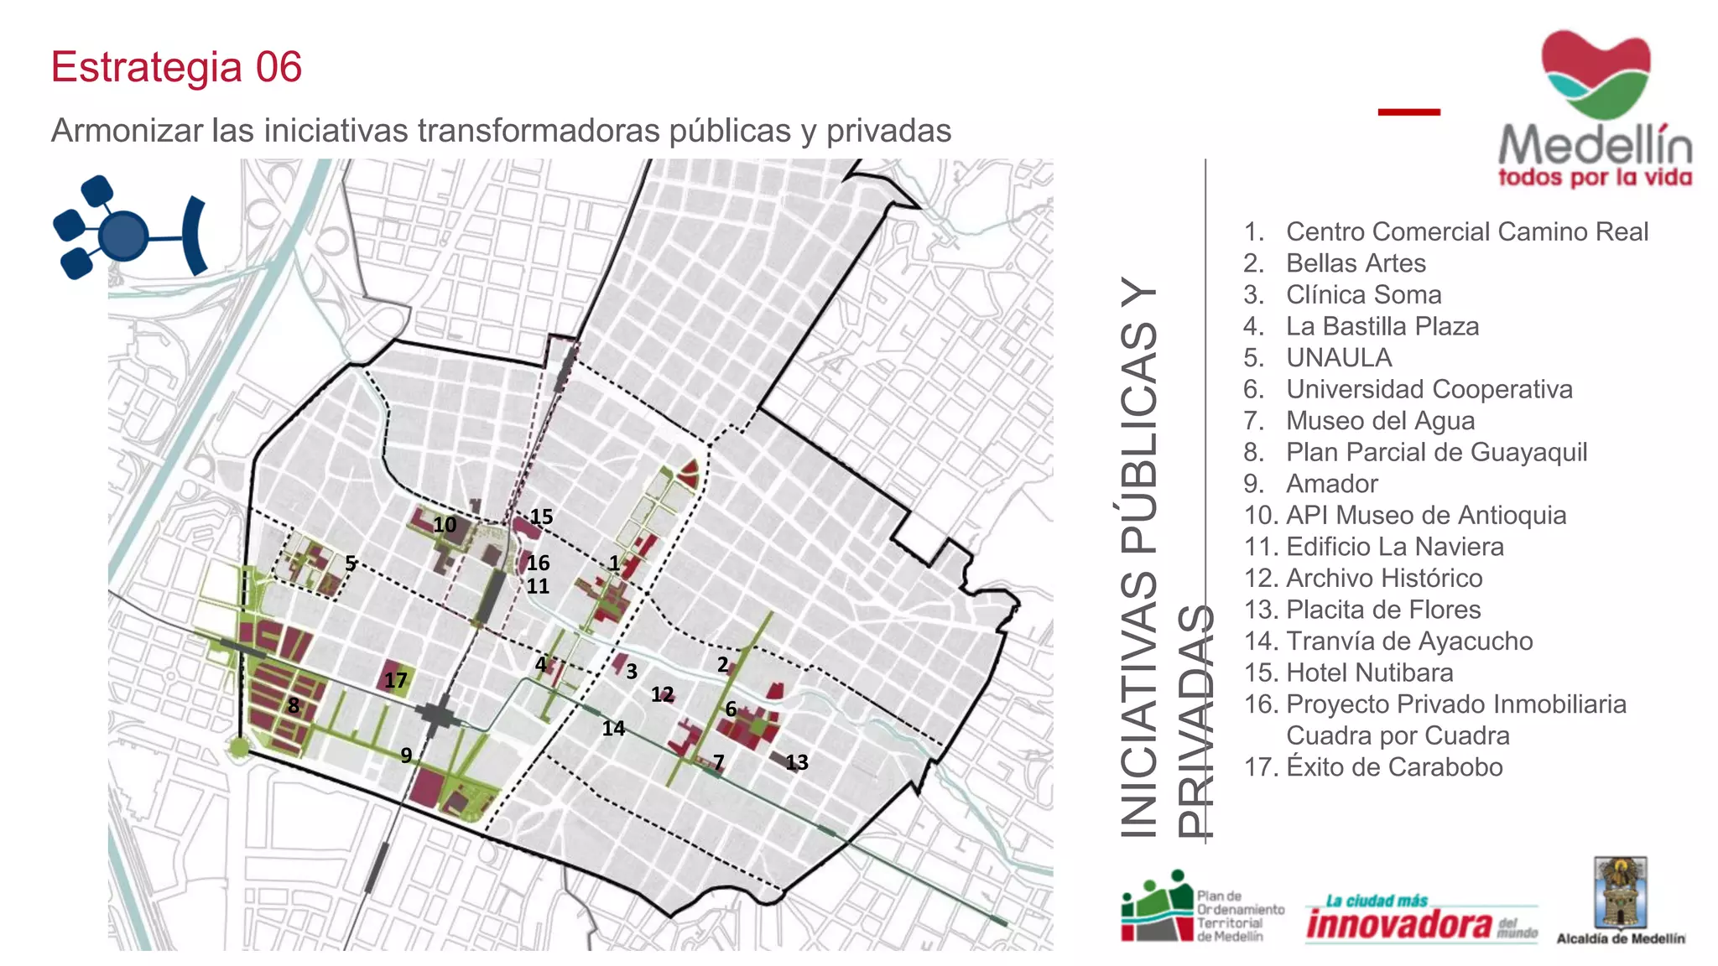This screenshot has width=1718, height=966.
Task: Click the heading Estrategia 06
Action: (x=176, y=67)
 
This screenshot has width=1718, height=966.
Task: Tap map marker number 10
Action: (x=445, y=525)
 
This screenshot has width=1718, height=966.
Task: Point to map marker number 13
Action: (x=796, y=762)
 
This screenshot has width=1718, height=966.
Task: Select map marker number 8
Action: (x=293, y=705)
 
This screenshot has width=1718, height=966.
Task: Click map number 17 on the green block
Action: (x=395, y=680)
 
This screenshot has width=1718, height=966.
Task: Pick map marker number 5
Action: (x=351, y=563)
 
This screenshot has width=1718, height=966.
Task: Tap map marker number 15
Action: (x=541, y=517)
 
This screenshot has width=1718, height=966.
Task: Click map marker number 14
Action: (x=613, y=728)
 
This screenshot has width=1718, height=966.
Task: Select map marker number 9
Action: (x=406, y=755)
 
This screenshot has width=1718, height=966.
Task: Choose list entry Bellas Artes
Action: (x=1356, y=263)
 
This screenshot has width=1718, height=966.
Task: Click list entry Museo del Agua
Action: (x=1380, y=421)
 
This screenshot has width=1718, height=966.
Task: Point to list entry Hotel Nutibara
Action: (x=1369, y=673)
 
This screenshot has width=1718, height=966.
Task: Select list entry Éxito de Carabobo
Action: (x=1394, y=767)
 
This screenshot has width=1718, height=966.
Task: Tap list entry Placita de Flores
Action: (x=1383, y=610)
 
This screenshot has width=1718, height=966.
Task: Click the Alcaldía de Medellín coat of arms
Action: (x=1621, y=892)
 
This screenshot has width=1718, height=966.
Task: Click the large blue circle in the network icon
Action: (x=123, y=236)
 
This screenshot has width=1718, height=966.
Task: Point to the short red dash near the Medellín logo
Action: (x=1408, y=112)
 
